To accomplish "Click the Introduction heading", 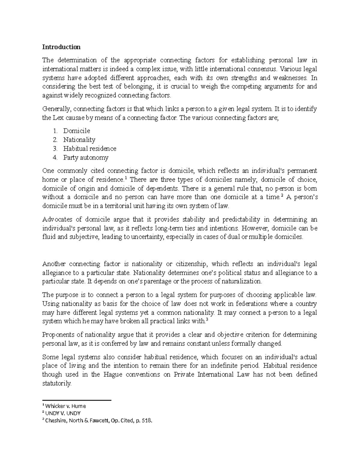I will tap(61, 47).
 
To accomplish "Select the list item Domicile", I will tap(76, 131).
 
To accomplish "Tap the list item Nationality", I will tap(79, 140).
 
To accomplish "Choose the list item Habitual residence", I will tap(90, 149).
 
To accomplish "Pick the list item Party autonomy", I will tap(86, 158).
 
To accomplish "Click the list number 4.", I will tap(55, 158).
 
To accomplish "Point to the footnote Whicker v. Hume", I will tap(65, 406).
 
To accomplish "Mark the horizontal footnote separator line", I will tap(77, 400).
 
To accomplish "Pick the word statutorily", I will tap(57, 383).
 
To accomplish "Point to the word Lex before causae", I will tap(58, 118).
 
